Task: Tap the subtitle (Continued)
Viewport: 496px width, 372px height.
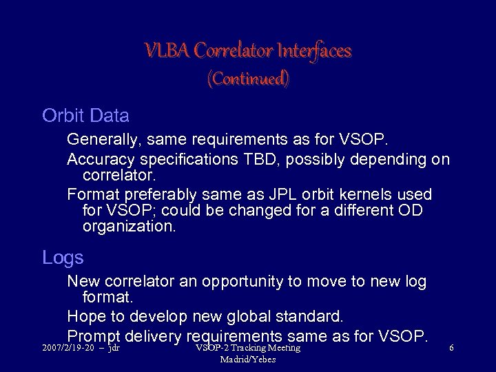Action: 248,79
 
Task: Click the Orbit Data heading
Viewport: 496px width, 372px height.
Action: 85,115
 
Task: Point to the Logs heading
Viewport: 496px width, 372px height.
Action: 63,258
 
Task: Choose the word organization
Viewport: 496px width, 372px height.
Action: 129,226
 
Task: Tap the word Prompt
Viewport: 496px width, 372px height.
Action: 94,336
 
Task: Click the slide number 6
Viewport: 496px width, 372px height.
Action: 451,349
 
